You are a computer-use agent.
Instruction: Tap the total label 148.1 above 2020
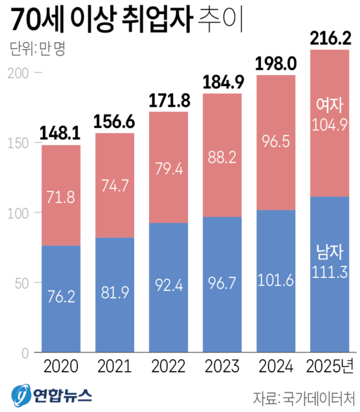pos(60,133)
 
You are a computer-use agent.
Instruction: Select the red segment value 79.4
pos(169,169)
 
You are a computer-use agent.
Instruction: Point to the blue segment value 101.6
pos(275,280)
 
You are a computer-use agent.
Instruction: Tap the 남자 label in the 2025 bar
pos(329,252)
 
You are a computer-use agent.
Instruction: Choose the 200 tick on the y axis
pos(18,73)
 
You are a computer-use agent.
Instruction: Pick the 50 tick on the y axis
pos(22,284)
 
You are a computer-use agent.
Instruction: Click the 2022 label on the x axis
pos(168,366)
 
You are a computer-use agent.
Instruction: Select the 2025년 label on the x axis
pos(330,366)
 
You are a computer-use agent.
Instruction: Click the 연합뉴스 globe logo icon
pos(21,395)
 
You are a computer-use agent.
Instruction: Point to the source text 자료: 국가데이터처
pos(304,399)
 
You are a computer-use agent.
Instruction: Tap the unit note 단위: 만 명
pos(38,48)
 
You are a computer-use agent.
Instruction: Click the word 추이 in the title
pos(221,20)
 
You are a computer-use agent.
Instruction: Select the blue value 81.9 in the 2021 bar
pos(115,293)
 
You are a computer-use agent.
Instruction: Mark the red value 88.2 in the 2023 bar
pos(222,157)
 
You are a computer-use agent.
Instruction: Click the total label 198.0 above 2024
pos(276,64)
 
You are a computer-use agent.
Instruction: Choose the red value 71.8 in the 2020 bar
pos(61,197)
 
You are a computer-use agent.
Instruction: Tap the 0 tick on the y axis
pos(25,354)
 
